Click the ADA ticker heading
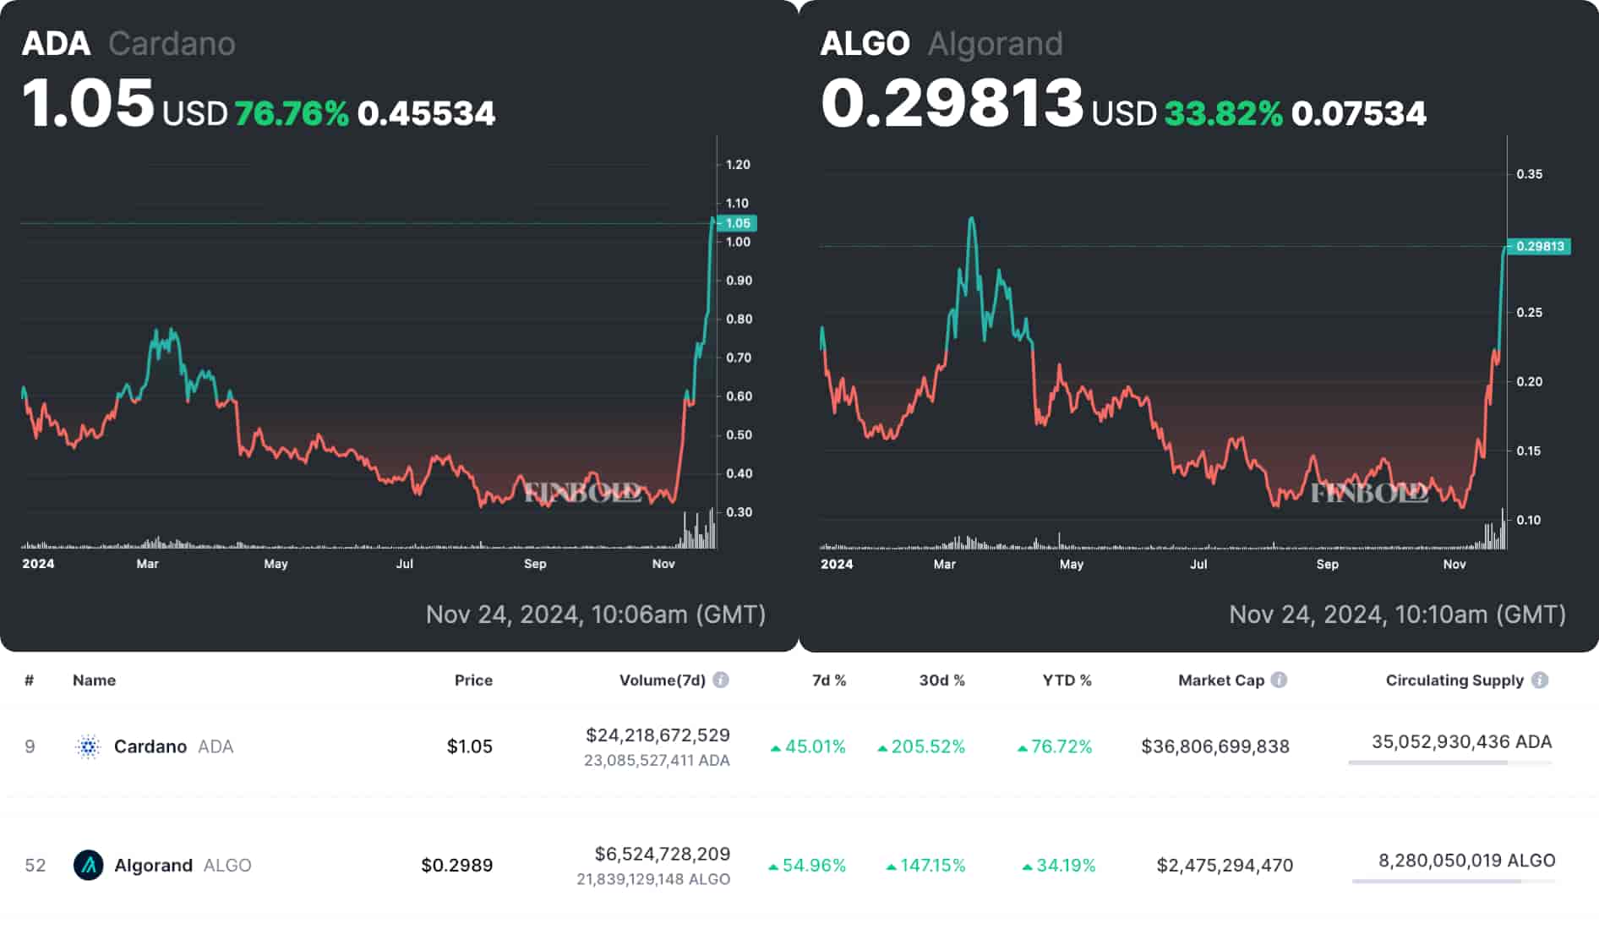point(56,44)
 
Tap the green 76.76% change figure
point(292,113)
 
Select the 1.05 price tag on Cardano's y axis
point(738,223)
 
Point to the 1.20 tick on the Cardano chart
point(738,165)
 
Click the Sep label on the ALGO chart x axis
point(1327,564)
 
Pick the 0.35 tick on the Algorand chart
point(1529,174)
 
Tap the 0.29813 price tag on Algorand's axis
point(1540,246)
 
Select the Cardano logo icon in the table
point(88,747)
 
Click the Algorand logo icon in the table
point(88,866)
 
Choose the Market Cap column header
point(1220,680)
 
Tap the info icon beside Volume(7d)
point(721,680)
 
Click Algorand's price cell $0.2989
point(456,866)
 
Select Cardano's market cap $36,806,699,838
point(1214,747)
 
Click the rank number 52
point(35,866)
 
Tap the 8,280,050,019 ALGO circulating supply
point(1466,861)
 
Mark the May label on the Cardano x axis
point(276,564)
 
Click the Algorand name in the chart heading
point(995,44)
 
